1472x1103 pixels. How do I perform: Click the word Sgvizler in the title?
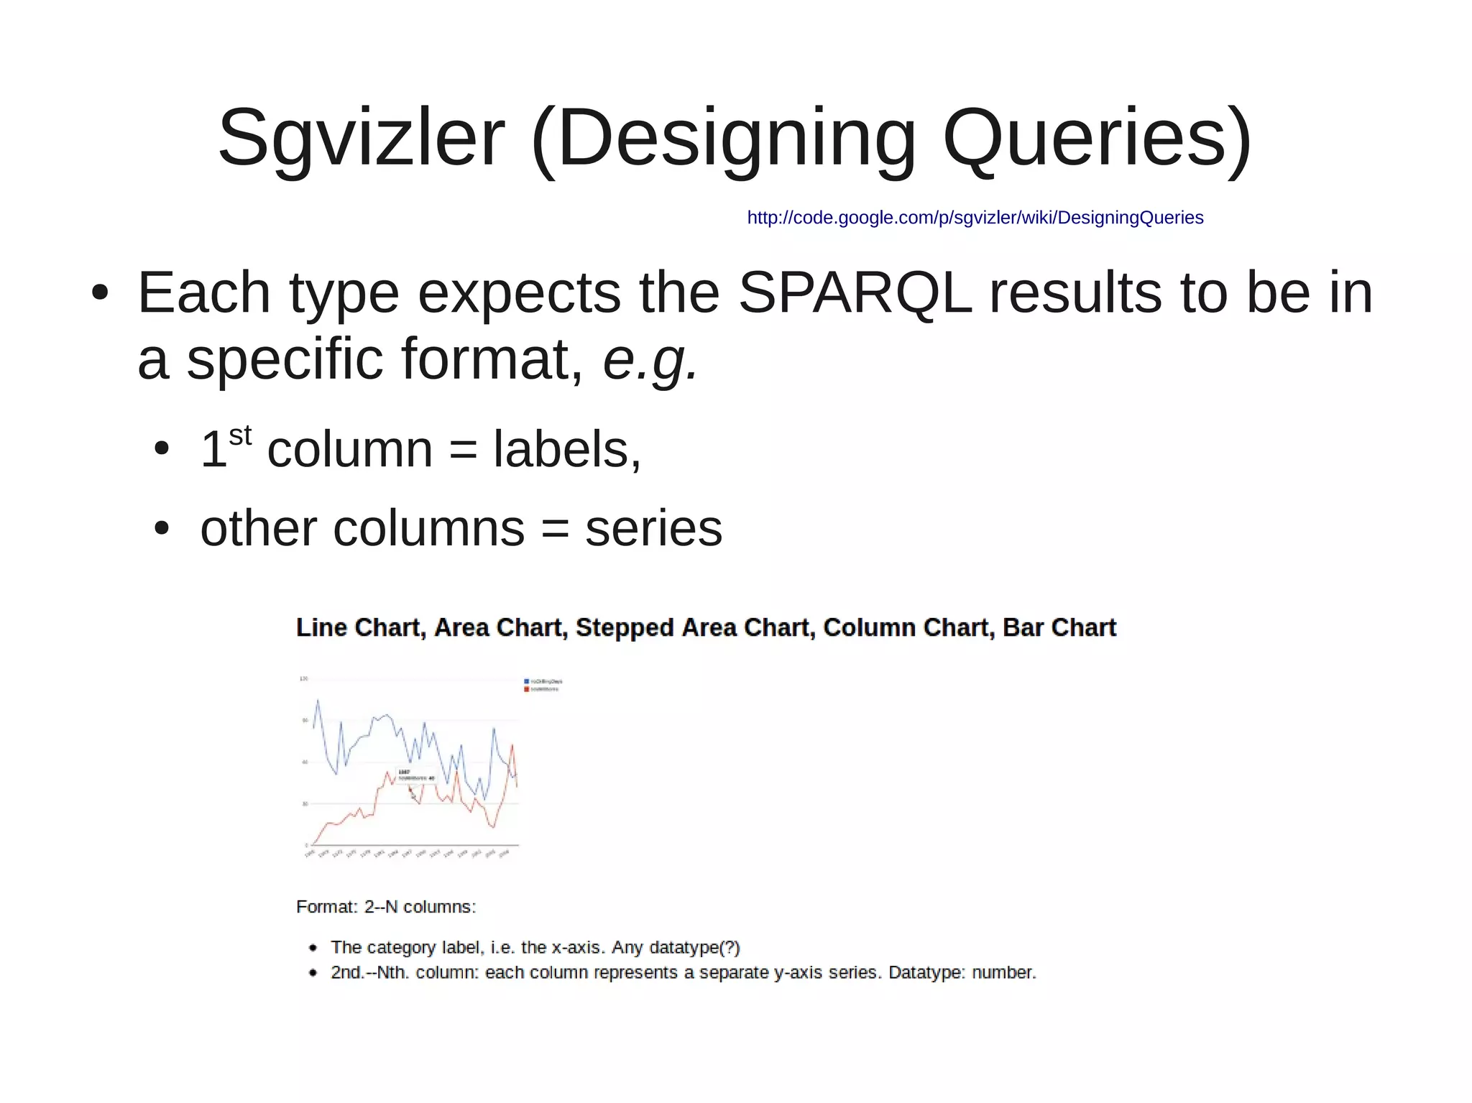362,138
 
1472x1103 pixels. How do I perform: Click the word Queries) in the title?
1097,138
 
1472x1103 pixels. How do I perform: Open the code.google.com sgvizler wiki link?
975,218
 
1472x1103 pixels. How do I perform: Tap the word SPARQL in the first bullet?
855,293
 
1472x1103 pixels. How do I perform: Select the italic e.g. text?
649,359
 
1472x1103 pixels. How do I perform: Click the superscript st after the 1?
240,435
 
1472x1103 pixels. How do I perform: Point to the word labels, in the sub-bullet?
566,450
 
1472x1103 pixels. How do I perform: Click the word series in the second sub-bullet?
653,528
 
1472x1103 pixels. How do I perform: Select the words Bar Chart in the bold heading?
1059,627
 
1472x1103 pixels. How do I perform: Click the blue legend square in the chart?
526,680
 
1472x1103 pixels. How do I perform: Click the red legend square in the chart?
526,689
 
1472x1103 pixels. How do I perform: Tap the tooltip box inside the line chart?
415,775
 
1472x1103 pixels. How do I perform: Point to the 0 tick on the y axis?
306,845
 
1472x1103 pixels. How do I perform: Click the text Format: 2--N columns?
386,907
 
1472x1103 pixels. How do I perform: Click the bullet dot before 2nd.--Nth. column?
313,973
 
